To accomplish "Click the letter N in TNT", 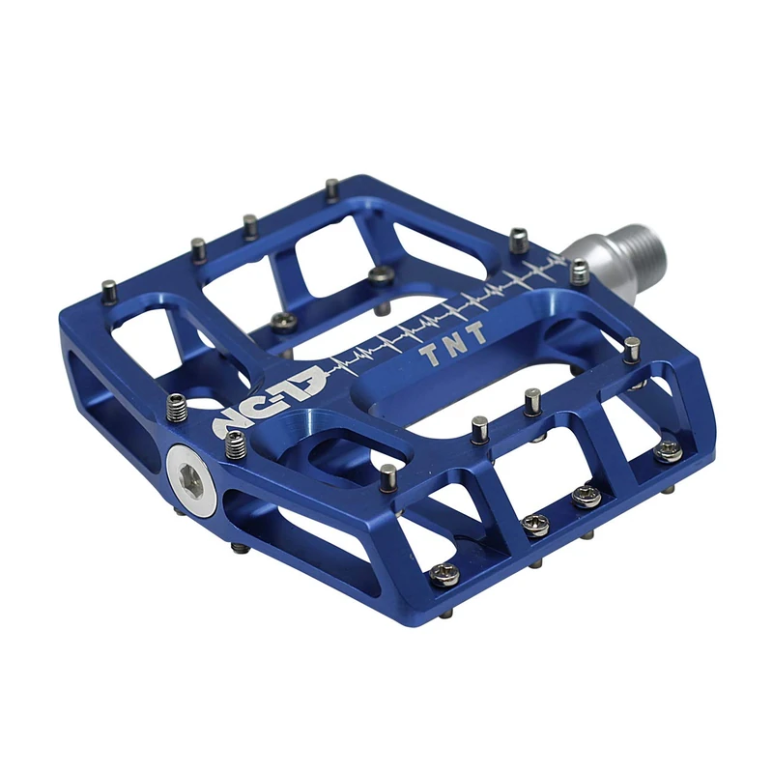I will pos(450,347).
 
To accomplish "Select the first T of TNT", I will pos(426,355).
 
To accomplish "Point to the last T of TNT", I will pos(475,339).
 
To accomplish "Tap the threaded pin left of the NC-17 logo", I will pos(176,410).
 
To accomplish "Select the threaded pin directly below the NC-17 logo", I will pos(234,446).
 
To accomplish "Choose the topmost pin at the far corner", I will pos(331,189).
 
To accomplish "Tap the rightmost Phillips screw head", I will pos(667,451).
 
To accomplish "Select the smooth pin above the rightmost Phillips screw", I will pos(632,350).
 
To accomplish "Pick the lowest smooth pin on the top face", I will pos(387,477).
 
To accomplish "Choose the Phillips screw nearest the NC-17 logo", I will pos(281,320).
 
